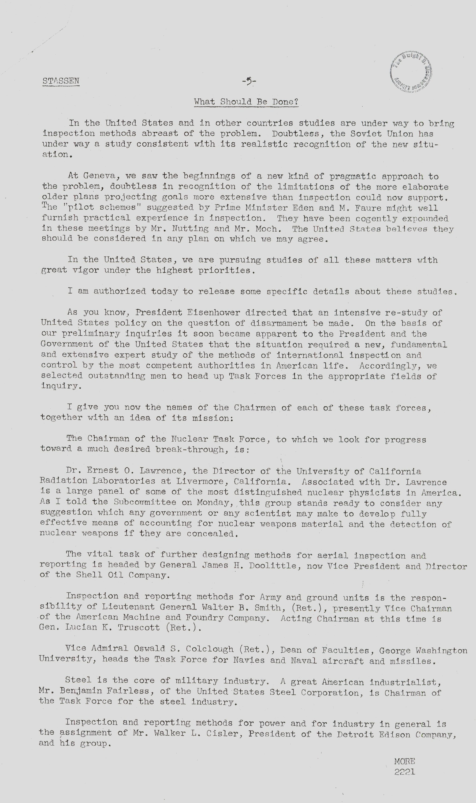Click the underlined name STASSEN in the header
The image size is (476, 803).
point(61,81)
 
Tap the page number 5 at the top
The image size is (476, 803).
point(249,82)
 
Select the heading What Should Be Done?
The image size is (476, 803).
point(246,102)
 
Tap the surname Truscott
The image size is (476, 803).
point(139,627)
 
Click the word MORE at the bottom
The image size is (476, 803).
point(404,761)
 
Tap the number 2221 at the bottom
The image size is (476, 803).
point(404,772)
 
